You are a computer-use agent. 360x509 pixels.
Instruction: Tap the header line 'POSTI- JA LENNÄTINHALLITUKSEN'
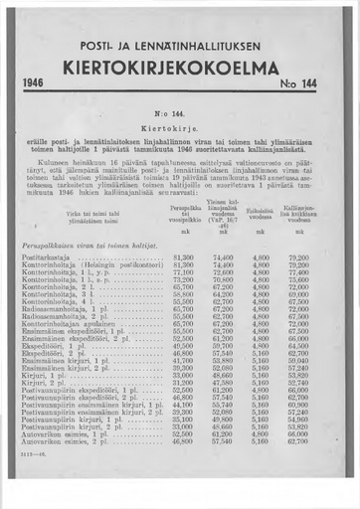click(179, 47)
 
